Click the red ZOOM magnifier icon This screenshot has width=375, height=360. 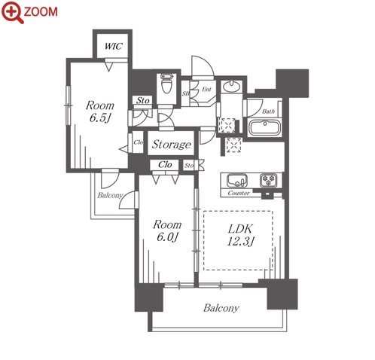point(13,12)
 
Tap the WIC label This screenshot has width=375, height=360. point(114,46)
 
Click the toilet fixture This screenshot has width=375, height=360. point(166,84)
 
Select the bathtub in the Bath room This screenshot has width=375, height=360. point(264,127)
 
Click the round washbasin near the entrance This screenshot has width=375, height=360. point(231,87)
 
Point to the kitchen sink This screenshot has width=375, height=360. point(237,180)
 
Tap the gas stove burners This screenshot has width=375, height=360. point(269,180)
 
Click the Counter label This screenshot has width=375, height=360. point(239,193)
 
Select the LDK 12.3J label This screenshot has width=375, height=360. point(240,235)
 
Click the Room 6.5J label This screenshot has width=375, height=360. point(100,111)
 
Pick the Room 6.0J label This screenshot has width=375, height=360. point(167,230)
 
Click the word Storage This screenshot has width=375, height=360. point(172,145)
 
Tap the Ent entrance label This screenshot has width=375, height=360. point(206,89)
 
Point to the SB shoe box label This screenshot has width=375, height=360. point(185,93)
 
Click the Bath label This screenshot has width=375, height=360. point(268,111)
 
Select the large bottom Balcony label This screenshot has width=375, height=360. point(221,308)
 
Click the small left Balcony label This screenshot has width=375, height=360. point(110,195)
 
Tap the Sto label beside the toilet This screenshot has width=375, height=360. point(143,101)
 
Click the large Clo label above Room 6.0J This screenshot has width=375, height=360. point(165,165)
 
